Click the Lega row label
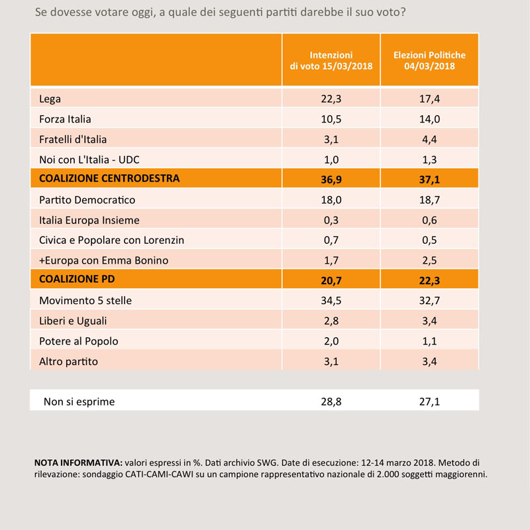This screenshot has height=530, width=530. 50,99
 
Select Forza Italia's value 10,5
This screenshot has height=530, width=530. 331,119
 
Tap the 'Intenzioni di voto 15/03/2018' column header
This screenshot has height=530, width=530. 331,60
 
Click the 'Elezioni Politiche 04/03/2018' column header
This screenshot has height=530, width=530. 429,60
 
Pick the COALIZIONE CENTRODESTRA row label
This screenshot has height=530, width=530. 109,178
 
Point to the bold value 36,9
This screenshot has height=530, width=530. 331,180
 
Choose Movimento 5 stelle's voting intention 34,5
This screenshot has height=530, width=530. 331,301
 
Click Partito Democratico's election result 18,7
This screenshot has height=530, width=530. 429,200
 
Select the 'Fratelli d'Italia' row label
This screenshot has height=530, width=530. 73,139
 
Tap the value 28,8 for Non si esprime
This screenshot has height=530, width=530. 331,401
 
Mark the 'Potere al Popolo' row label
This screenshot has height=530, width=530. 78,341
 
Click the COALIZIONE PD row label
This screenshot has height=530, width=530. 77,279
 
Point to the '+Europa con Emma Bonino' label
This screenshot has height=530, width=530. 103,260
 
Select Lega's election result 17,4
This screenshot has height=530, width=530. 429,99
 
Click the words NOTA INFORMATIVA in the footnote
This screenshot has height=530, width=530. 78,462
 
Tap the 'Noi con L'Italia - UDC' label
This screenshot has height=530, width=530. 89,160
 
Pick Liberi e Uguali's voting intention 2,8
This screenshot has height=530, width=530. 331,321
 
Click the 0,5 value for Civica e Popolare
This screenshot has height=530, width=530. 429,240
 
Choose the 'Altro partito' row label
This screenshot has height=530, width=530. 68,362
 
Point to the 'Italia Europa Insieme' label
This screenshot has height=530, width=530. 89,220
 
